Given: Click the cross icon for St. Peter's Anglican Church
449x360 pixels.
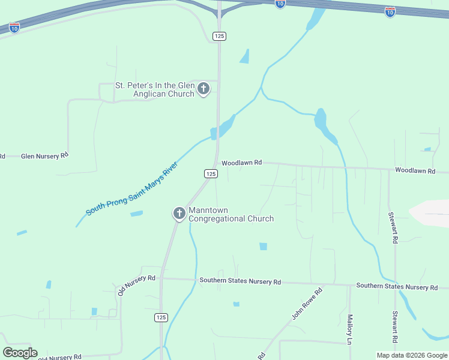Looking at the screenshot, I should click(x=203, y=89).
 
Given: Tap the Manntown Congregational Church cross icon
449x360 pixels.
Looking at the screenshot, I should click(x=179, y=214).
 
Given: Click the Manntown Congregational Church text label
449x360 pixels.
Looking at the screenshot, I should click(x=231, y=214).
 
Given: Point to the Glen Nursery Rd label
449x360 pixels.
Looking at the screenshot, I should click(x=44, y=156).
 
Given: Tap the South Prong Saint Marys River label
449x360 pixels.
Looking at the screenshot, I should click(x=132, y=189).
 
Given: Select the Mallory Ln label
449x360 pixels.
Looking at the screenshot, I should click(x=349, y=329).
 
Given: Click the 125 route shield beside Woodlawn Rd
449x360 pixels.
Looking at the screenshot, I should click(x=210, y=173).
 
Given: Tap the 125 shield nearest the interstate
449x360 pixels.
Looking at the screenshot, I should click(x=219, y=36).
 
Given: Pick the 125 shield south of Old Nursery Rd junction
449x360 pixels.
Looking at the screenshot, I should click(x=160, y=317).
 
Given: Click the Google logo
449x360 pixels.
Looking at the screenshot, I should click(x=20, y=352).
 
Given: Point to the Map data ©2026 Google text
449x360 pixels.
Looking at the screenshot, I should click(x=411, y=355).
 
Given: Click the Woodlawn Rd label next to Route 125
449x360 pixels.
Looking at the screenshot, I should click(x=242, y=163).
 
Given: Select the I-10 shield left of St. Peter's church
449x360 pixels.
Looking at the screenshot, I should click(x=14, y=28).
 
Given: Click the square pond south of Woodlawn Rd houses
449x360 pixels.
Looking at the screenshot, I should click(x=263, y=247).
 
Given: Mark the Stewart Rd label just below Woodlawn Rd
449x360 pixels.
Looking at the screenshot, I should click(x=394, y=227).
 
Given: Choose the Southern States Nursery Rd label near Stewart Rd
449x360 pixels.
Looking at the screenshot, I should click(x=396, y=287).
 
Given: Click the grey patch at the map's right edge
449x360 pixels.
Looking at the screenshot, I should click(x=431, y=214).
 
